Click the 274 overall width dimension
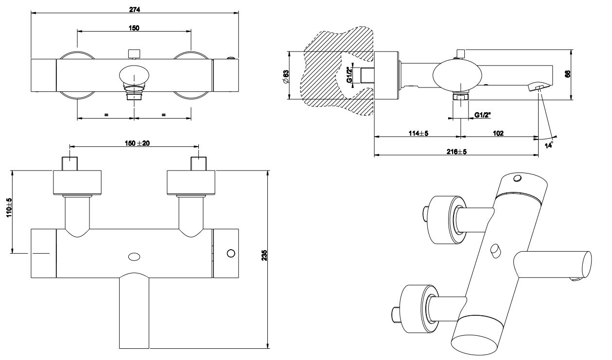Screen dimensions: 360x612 [x=134, y=9]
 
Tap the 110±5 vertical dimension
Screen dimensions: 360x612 [x=8, y=208]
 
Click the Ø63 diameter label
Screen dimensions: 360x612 [x=286, y=76]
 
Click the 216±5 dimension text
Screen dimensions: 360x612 [x=456, y=152]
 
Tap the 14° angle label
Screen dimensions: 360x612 [x=549, y=145]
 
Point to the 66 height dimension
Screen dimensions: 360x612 [x=567, y=74]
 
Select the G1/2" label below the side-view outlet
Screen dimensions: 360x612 [x=483, y=115]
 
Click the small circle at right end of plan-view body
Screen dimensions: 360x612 [x=231, y=253]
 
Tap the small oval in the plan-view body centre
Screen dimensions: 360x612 [x=133, y=256]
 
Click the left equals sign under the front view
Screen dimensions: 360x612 [x=105, y=115]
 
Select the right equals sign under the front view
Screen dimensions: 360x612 [x=163, y=115]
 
